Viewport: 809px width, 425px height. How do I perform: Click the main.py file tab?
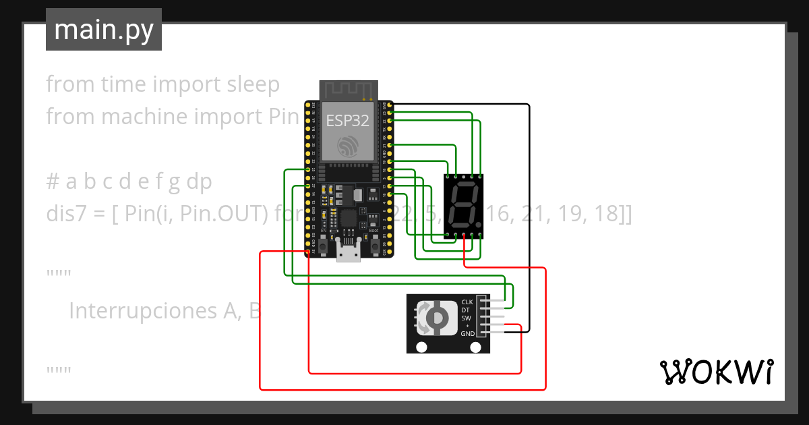point(104,30)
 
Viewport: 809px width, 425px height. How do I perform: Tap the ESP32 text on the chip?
point(347,121)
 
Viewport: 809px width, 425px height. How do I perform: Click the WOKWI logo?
point(715,372)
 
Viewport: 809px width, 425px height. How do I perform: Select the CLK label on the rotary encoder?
point(467,302)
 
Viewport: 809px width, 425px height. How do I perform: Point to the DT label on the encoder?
point(465,310)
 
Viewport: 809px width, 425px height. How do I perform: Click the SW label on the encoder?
point(466,318)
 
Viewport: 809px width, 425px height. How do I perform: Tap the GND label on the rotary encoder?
point(467,333)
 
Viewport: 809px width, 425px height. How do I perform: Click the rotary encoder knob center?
point(436,318)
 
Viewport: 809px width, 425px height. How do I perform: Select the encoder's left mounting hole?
point(422,347)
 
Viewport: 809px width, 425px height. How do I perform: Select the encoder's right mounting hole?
point(479,347)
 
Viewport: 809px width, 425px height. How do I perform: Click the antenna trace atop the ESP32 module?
point(348,90)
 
